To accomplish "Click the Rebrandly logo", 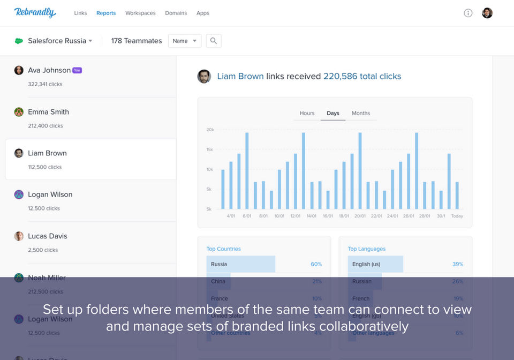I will click(x=35, y=12).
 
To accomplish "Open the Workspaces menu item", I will click(x=140, y=13).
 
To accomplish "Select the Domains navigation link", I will click(x=176, y=13).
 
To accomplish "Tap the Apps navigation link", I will click(x=203, y=13).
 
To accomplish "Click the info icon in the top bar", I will click(x=468, y=13).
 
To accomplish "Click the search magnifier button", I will click(x=214, y=41).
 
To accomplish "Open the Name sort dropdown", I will click(x=185, y=41).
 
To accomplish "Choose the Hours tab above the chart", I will click(x=307, y=113).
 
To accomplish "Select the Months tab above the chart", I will click(x=361, y=113).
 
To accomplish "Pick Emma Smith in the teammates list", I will click(x=48, y=112).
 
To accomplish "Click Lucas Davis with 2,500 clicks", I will click(x=48, y=236).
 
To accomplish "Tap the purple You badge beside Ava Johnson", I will click(x=77, y=70).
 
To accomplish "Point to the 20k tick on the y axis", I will click(x=210, y=130).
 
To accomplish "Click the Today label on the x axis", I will click(x=457, y=216).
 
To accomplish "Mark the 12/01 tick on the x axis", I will click(x=295, y=216).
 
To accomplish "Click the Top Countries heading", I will click(x=223, y=249).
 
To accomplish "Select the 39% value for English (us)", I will click(x=457, y=264).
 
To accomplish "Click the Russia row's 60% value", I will click(x=316, y=264).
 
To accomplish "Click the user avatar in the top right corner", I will click(x=487, y=13).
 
